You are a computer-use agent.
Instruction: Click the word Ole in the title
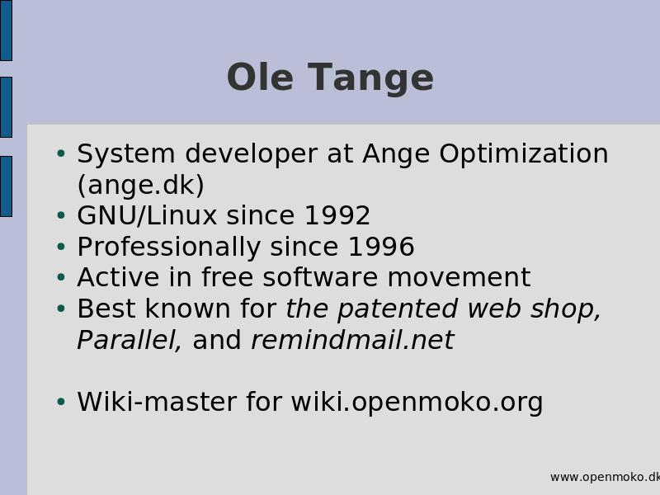[260, 77]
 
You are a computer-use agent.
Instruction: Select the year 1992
[337, 215]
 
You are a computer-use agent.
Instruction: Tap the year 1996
[381, 247]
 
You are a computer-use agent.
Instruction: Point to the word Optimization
[524, 154]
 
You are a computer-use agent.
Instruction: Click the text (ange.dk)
[140, 185]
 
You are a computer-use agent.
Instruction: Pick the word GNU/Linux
[147, 215]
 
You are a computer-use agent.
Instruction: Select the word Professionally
[169, 247]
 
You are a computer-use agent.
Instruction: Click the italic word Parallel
[130, 340]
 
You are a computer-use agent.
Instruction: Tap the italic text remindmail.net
[353, 340]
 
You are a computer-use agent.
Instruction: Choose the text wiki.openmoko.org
[417, 403]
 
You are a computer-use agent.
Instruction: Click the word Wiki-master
[157, 402]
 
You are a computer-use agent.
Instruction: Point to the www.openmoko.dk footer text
[605, 478]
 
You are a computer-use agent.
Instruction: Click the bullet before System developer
[61, 153]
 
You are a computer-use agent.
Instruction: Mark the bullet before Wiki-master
[61, 402]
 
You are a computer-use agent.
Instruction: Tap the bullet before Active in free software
[61, 277]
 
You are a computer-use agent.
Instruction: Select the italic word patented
[398, 309]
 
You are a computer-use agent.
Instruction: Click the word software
[320, 277]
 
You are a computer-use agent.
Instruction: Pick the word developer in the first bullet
[252, 154]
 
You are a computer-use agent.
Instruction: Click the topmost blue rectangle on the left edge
[6, 31]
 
